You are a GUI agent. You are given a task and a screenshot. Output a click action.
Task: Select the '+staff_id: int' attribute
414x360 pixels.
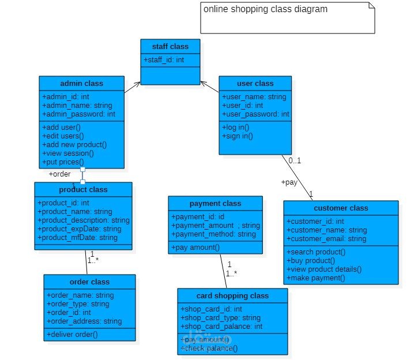(x=164, y=59)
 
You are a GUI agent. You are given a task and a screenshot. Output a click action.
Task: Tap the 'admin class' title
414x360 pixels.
(x=82, y=83)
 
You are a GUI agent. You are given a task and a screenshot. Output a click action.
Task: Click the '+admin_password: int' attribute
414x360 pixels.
(x=78, y=114)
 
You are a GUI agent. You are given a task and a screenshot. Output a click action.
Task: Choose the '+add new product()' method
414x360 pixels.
(x=74, y=145)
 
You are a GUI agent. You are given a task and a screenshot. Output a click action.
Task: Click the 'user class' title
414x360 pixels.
(x=255, y=83)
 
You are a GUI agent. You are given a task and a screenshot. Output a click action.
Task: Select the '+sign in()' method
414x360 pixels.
(x=238, y=136)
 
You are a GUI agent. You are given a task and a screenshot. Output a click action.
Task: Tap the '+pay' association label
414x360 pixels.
(x=289, y=182)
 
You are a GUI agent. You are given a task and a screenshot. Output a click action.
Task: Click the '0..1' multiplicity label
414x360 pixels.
(x=295, y=160)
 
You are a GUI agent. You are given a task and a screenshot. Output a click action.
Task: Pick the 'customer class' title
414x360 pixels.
(x=341, y=208)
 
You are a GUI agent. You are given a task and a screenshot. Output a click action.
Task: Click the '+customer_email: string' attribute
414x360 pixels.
(x=326, y=238)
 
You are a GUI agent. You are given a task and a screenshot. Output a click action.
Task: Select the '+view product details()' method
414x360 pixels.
(x=324, y=269)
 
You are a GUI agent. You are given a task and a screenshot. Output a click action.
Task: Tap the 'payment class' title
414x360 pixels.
(x=215, y=203)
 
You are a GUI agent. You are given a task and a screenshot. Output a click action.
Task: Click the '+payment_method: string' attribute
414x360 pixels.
(x=213, y=234)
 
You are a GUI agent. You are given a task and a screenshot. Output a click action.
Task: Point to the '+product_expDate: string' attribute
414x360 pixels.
(x=80, y=229)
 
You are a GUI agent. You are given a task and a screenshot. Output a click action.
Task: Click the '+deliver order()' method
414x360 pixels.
(x=71, y=334)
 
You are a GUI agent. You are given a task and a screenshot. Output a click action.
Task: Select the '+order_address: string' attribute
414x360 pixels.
(x=84, y=321)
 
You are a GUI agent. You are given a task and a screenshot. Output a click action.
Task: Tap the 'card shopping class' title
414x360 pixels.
(x=232, y=295)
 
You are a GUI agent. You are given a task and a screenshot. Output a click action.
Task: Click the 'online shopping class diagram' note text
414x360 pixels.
(x=265, y=9)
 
